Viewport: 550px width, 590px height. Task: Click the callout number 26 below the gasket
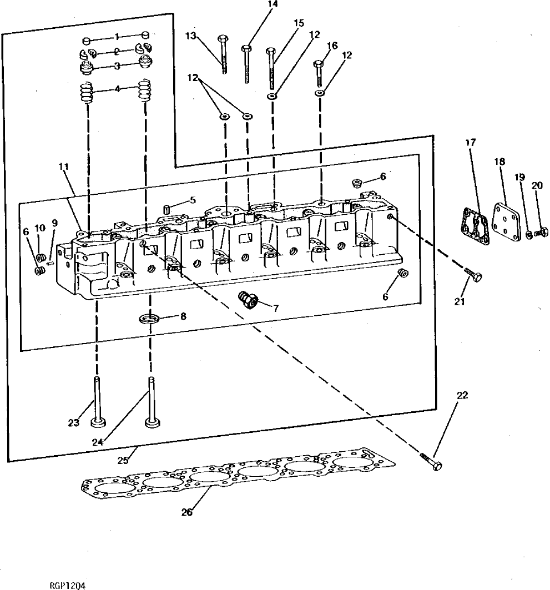click(186, 512)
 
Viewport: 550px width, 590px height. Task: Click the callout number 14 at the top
click(272, 4)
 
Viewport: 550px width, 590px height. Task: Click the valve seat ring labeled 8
click(149, 319)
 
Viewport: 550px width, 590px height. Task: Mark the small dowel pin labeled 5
click(165, 209)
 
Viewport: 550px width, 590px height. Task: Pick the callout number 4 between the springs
click(117, 88)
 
